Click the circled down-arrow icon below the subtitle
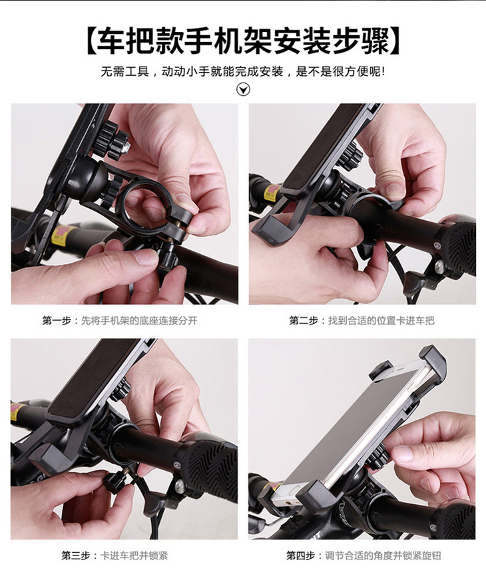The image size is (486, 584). (x=244, y=89)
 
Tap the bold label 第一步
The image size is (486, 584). (x=57, y=321)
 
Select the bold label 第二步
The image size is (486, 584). (x=304, y=321)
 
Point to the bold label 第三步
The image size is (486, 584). (x=76, y=555)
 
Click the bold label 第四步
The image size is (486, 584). (x=300, y=555)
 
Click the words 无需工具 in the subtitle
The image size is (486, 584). (x=124, y=71)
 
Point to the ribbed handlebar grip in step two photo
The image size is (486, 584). (x=457, y=243)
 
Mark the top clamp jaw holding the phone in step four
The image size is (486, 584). (x=431, y=364)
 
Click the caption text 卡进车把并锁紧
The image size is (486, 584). (x=134, y=555)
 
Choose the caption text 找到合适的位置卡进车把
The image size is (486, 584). (x=381, y=321)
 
